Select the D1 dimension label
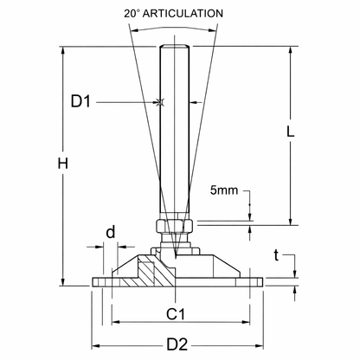coord(80,103)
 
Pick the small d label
coord(110,232)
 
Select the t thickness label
coord(276,255)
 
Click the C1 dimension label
coord(177,312)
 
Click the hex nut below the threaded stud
coord(174,228)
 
